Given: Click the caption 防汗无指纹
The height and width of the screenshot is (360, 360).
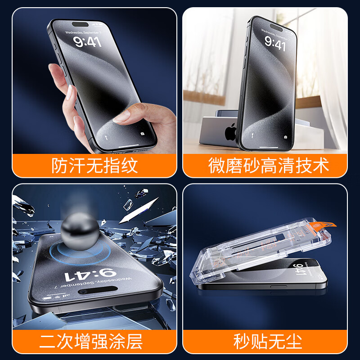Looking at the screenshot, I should click(x=94, y=166).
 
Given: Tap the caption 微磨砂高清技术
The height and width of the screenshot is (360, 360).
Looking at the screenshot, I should click(x=269, y=166).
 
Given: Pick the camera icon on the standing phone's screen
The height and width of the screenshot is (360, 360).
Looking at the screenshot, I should click(x=286, y=136).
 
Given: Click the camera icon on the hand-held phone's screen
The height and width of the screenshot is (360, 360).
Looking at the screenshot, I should click(x=143, y=134).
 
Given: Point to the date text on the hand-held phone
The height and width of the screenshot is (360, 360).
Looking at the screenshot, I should click(x=82, y=32).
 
